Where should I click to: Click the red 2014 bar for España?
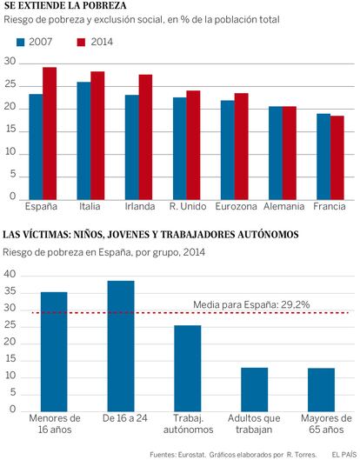(x=50, y=134)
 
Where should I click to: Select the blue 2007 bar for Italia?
(x=83, y=141)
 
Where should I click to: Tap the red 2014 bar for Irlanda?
(x=145, y=137)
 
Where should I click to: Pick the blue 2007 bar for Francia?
(x=323, y=157)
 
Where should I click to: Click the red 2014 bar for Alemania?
(x=290, y=153)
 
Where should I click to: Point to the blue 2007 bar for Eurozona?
(x=228, y=150)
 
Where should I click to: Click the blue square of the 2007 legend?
(x=21, y=43)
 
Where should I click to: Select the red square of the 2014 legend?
(x=81, y=43)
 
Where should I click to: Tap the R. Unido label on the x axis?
(x=188, y=206)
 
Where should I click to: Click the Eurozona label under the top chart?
(x=236, y=206)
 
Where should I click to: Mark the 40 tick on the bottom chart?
(x=10, y=274)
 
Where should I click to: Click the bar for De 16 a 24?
(x=121, y=346)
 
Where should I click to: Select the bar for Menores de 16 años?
(x=54, y=351)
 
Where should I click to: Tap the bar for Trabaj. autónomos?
(x=188, y=368)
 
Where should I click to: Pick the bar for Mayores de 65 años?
(x=321, y=390)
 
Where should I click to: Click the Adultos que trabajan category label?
(x=254, y=424)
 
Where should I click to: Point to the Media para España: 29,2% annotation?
(x=251, y=305)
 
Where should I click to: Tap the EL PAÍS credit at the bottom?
(x=343, y=455)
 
